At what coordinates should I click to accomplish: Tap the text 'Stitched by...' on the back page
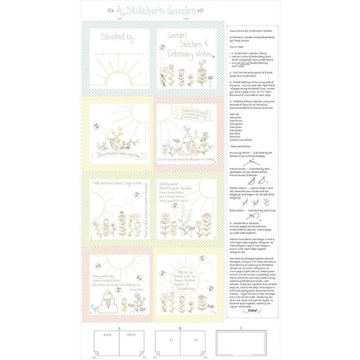coord(117,39)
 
